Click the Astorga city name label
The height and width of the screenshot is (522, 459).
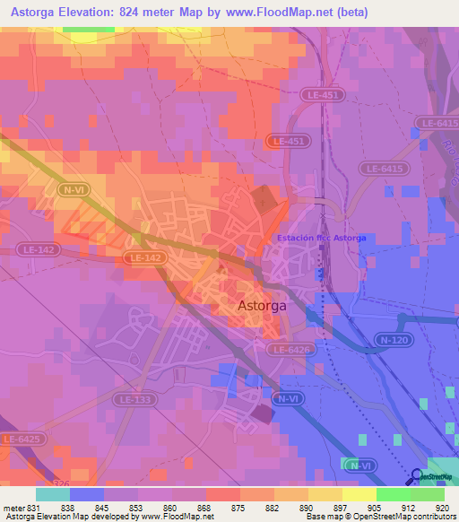click(263, 306)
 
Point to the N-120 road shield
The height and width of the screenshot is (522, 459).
click(386, 341)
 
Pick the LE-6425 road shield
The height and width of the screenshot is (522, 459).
click(21, 439)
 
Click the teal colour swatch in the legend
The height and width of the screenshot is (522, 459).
click(52, 493)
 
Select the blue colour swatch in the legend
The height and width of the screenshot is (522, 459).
click(87, 493)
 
